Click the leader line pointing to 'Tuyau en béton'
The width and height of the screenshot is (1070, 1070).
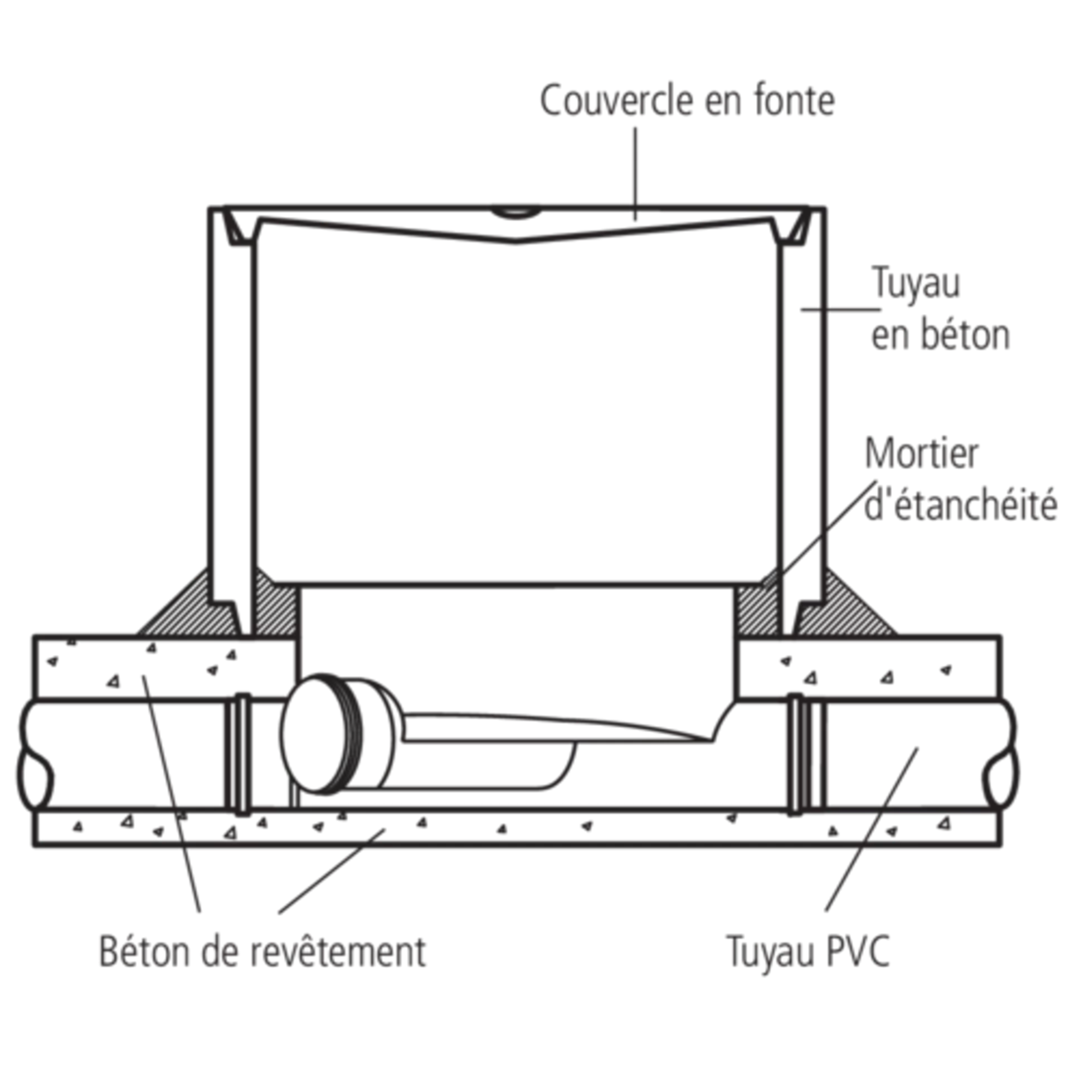842,308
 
